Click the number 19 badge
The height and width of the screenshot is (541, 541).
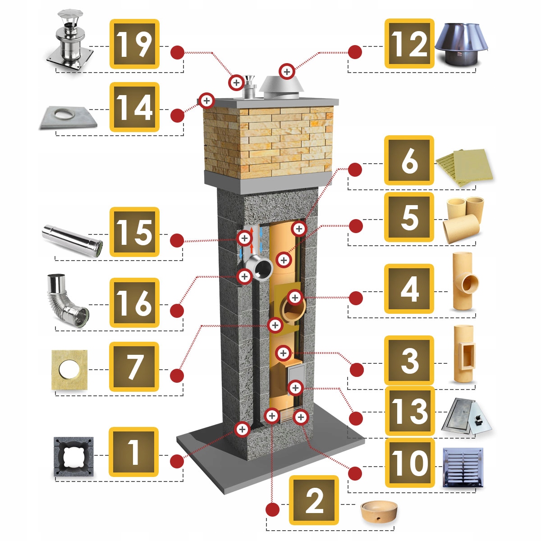click(x=134, y=44)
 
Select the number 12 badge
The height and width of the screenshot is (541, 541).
click(x=409, y=44)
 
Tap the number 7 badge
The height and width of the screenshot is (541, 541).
click(x=134, y=367)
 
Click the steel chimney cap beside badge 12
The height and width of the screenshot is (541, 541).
click(x=461, y=44)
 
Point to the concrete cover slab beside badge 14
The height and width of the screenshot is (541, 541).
click(x=68, y=117)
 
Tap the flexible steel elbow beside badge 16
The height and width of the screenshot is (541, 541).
click(x=67, y=301)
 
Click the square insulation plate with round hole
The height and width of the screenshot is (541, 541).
click(x=69, y=370)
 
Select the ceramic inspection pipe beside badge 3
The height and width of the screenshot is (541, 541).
click(x=463, y=353)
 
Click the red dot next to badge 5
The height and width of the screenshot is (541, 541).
click(x=355, y=226)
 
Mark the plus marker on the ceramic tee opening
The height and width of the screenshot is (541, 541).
click(x=295, y=297)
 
